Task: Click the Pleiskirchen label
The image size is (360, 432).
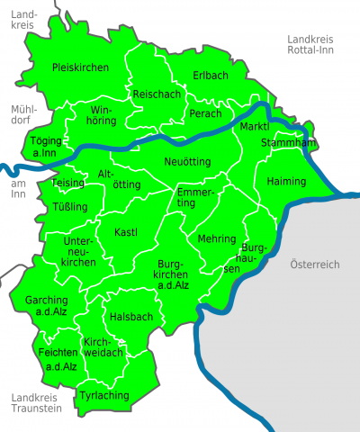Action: [x=80, y=67]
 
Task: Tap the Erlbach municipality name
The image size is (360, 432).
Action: [x=211, y=75]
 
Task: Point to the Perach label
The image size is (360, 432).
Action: [x=205, y=113]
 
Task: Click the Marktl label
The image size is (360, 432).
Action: [x=255, y=127]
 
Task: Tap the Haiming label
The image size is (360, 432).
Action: [x=286, y=182]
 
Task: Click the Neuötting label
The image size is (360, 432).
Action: [x=187, y=160]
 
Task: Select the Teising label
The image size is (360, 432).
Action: [x=69, y=183]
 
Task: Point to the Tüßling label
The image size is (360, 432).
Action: [x=71, y=207]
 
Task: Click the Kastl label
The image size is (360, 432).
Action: [x=126, y=233]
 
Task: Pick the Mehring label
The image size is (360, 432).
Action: [x=216, y=239]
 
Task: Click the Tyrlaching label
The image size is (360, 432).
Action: [x=104, y=395]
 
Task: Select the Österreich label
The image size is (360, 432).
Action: [x=314, y=265]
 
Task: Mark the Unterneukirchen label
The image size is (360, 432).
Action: [x=78, y=252]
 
